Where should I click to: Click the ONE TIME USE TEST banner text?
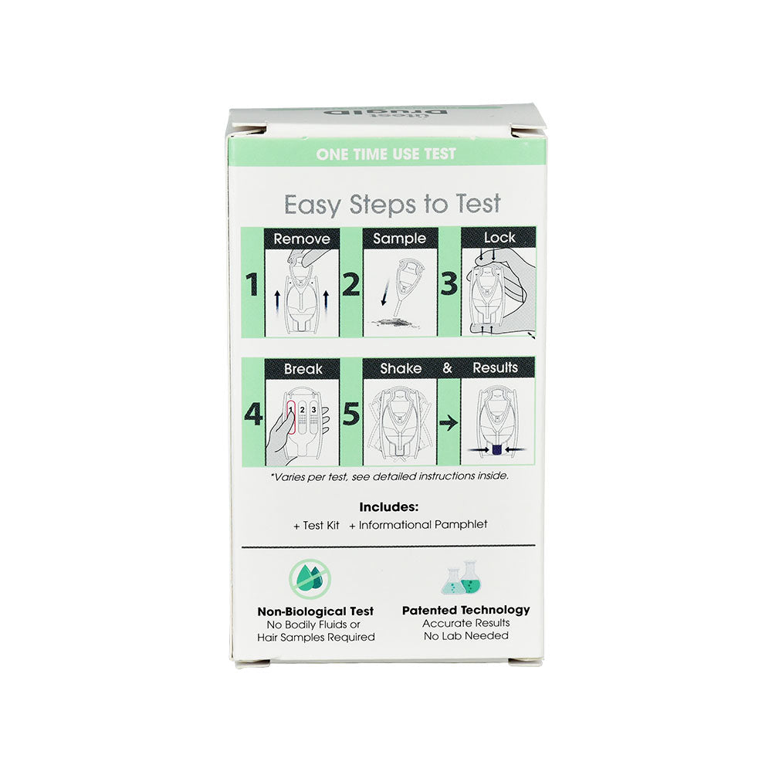point(385,154)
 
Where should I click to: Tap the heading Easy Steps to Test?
point(392,205)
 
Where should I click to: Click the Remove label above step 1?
point(302,239)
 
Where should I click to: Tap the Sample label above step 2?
point(399,239)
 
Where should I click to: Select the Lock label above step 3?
point(499,238)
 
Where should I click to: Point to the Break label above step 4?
point(303,369)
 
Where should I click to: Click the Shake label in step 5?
point(401,368)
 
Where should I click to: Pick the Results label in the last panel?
point(495,367)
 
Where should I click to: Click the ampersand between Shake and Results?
point(447,368)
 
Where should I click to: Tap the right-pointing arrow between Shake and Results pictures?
point(448,423)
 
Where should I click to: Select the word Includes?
point(389,507)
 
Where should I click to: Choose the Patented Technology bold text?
point(466,610)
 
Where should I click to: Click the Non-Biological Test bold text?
point(315,611)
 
